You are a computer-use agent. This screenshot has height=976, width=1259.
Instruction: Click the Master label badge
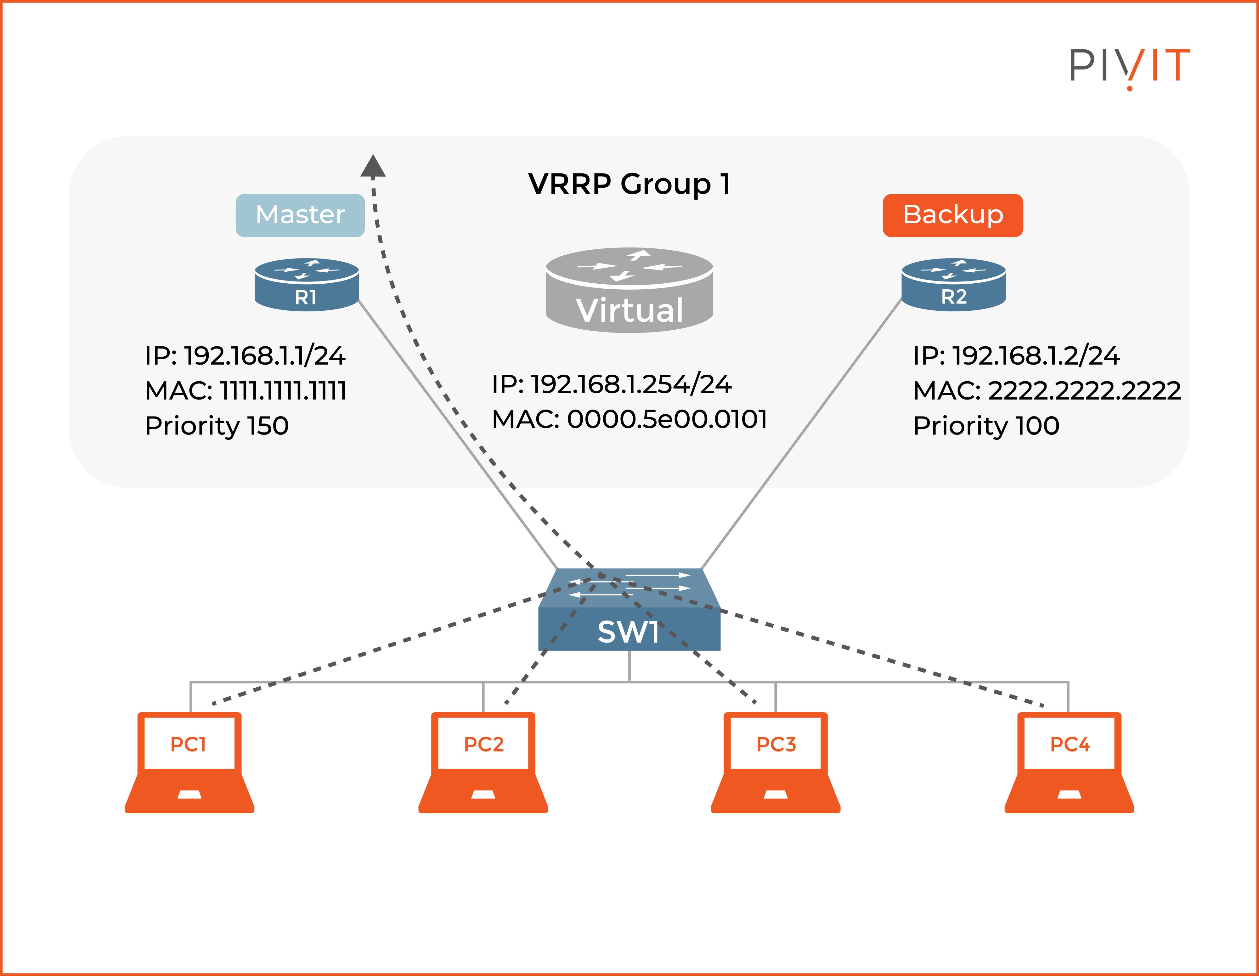coord(300,215)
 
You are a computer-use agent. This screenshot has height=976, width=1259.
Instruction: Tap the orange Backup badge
coord(952,215)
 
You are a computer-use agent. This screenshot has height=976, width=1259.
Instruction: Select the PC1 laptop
coord(189,762)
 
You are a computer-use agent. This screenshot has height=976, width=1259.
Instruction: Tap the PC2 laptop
coord(483,762)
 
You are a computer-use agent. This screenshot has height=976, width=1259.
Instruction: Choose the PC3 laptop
coord(775,762)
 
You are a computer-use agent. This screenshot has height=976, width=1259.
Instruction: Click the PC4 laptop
coord(1069,762)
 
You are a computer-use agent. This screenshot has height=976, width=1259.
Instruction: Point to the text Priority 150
coord(217,426)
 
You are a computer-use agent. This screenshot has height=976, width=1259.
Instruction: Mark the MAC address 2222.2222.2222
coord(1084,391)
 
